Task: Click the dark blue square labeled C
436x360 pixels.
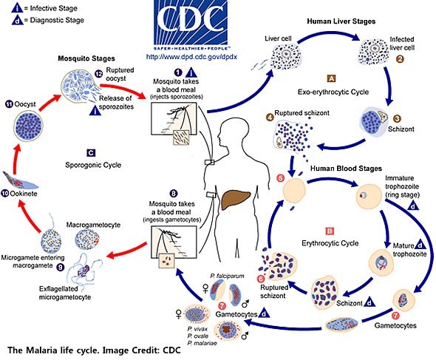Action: (x=89, y=152)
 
